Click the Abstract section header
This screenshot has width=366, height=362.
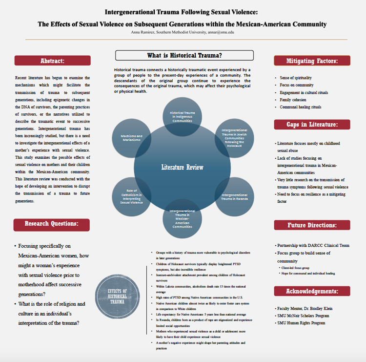(x=52, y=61)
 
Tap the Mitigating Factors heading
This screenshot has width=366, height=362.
(x=312, y=61)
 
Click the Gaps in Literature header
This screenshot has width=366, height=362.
(x=312, y=125)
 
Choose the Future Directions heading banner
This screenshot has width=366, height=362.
(x=312, y=225)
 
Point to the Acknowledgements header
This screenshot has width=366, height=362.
(x=312, y=291)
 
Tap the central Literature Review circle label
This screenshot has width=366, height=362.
(x=183, y=168)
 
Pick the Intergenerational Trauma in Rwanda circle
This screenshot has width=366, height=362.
(x=234, y=196)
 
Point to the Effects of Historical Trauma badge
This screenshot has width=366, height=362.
(x=117, y=294)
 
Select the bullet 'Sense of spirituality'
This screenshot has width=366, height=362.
(x=296, y=78)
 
